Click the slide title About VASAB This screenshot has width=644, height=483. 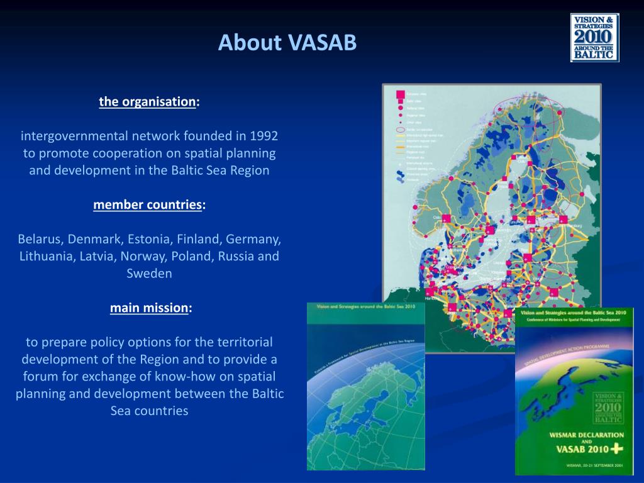click(287, 43)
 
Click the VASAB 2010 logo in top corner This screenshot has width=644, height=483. click(594, 38)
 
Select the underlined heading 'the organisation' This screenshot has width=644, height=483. click(148, 102)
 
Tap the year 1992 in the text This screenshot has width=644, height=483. click(264, 136)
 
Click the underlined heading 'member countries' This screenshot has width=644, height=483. click(148, 205)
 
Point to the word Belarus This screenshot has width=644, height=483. click(40, 239)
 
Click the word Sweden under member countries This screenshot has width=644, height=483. click(149, 274)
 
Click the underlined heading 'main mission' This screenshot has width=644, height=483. click(150, 308)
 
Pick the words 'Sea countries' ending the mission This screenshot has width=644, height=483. click(149, 411)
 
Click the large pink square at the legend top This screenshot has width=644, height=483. click(400, 94)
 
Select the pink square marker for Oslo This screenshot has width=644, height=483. click(445, 218)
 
